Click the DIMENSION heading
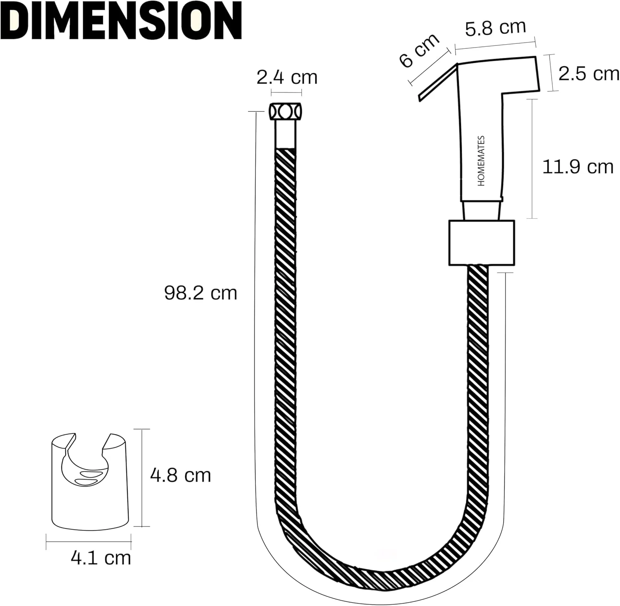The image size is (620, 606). (121, 21)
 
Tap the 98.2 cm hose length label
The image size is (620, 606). (200, 293)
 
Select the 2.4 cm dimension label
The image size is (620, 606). (287, 77)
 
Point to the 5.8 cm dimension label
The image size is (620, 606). (496, 28)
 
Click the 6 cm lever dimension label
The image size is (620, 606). (419, 50)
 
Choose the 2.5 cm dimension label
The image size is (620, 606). (589, 74)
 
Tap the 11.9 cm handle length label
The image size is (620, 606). (578, 167)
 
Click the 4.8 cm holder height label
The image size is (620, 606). (181, 475)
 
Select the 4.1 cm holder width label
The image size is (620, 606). (101, 558)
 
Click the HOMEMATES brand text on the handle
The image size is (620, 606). (481, 161)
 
